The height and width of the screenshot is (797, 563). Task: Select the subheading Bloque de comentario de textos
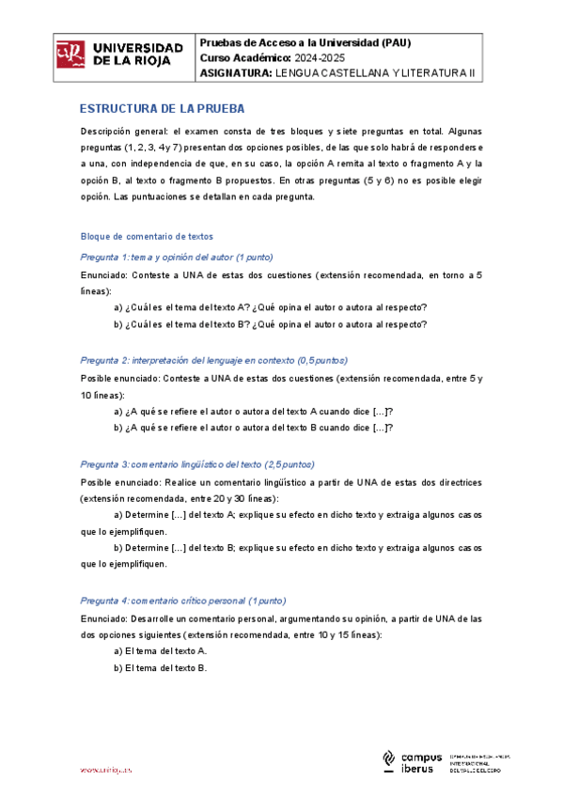[x=148, y=236]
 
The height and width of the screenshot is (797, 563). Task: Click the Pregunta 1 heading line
[x=177, y=257]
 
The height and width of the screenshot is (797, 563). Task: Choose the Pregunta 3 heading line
[x=197, y=464]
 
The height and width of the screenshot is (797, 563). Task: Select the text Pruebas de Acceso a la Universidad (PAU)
[x=305, y=43]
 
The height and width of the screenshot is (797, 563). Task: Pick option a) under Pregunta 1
[x=270, y=307]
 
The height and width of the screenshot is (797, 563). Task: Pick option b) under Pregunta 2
[x=253, y=428]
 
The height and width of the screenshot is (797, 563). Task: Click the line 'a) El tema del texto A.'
[x=160, y=650]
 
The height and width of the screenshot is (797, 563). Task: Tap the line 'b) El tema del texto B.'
[x=160, y=667]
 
